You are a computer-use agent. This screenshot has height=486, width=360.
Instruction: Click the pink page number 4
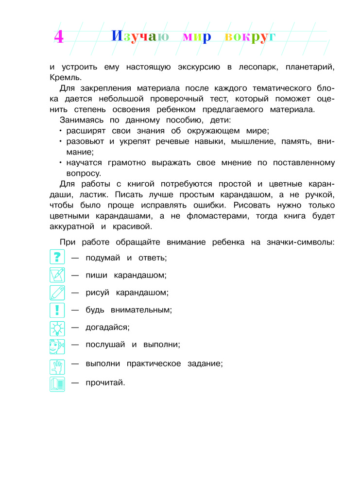click(58, 37)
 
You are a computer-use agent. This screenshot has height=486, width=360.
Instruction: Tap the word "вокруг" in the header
click(250, 37)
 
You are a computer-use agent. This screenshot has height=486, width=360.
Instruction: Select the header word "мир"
click(197, 37)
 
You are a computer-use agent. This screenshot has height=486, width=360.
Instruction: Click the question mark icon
click(57, 257)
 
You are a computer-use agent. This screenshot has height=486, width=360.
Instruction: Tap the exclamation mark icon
click(57, 310)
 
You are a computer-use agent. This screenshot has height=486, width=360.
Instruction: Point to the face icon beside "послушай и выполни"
click(57, 347)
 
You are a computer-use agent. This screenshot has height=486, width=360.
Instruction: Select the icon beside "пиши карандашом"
click(57, 275)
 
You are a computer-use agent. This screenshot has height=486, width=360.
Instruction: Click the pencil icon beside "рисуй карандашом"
click(57, 293)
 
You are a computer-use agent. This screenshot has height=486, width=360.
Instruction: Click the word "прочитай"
click(105, 382)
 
